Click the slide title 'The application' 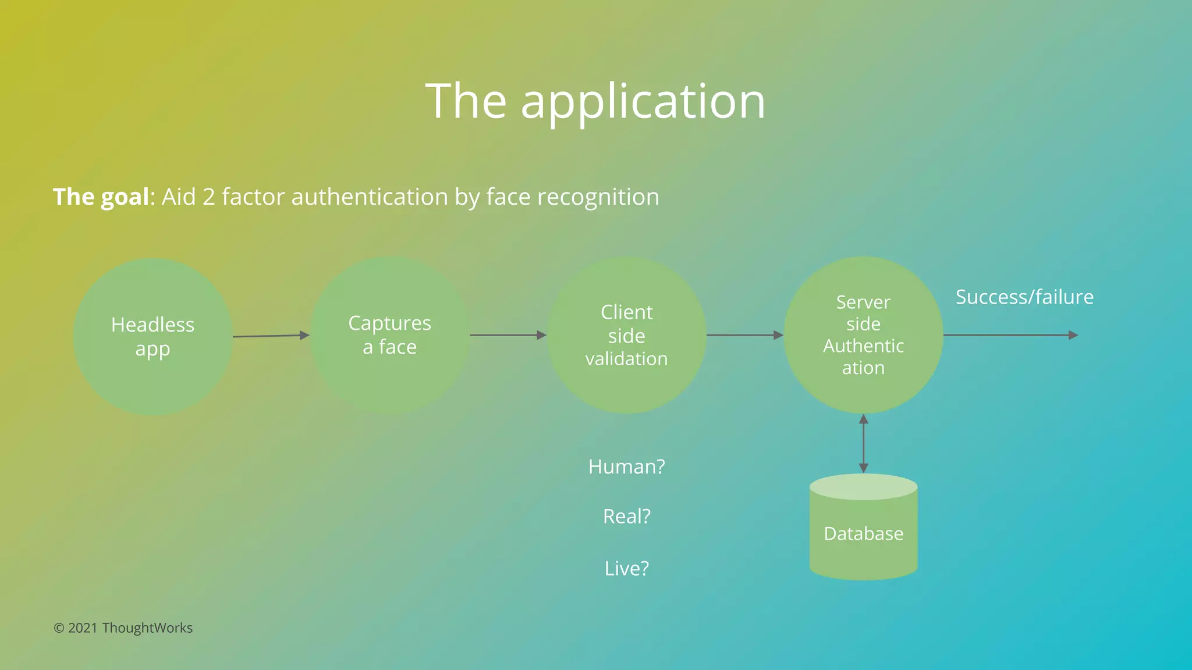[595, 101]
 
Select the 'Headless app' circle [153, 337]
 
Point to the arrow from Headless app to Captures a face [271, 336]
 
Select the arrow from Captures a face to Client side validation [508, 335]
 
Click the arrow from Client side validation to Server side [744, 335]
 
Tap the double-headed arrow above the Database [864, 443]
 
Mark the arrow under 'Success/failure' [1010, 335]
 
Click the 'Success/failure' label [1024, 297]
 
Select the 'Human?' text [627, 467]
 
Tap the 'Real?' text [627, 516]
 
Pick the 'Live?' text [627, 568]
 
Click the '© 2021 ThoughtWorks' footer [123, 628]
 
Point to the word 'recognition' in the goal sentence [598, 197]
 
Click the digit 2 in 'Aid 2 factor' [208, 197]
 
